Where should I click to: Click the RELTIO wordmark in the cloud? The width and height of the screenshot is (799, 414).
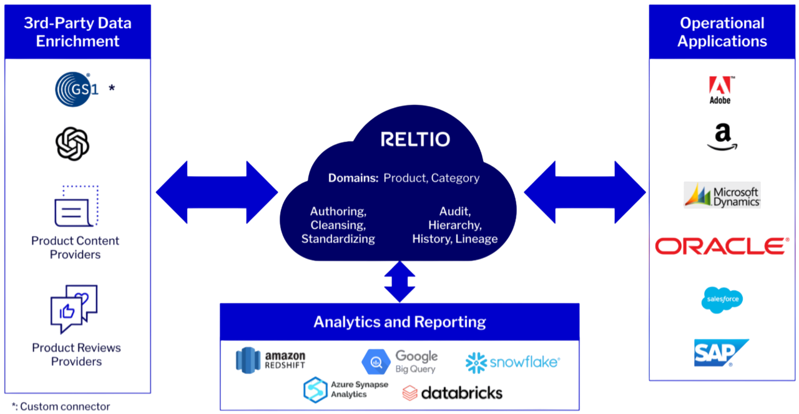pos(415,139)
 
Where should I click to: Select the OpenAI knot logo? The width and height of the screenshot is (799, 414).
pos(72,143)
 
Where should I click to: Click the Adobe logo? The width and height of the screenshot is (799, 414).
pos(720,89)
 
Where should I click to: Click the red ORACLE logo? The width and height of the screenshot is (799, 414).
pos(720,246)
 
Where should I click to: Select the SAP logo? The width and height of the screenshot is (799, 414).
pos(716,352)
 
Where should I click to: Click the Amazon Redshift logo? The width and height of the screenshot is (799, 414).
pos(270,358)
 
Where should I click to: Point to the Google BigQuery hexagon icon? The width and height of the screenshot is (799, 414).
pos(376,361)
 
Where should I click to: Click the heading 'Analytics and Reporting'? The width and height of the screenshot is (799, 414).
pos(399,322)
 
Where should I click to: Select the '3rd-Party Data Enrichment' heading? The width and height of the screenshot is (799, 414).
pos(77,32)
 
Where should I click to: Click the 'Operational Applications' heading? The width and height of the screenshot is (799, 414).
pos(722,32)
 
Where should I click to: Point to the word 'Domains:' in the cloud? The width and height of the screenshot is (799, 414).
pos(353,178)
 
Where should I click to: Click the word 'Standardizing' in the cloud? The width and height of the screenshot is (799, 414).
pos(338,239)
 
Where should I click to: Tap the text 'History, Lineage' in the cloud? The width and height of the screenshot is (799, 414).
pos(454,239)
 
